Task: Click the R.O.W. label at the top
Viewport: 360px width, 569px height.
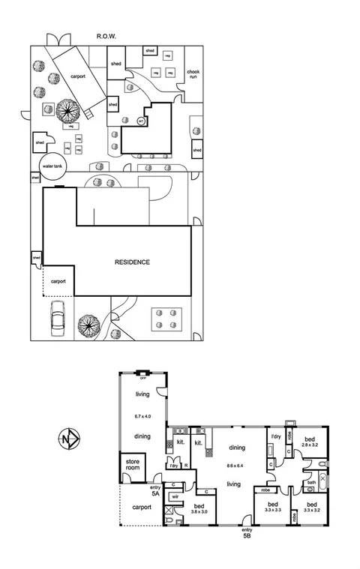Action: [x=105, y=36]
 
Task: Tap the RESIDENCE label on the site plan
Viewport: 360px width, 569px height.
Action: [x=132, y=262]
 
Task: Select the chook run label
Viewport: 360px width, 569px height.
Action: [x=193, y=74]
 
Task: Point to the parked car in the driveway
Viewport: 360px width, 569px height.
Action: [x=57, y=320]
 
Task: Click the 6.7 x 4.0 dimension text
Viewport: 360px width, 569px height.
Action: [x=142, y=416]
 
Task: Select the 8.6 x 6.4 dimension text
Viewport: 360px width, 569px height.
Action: [x=234, y=466]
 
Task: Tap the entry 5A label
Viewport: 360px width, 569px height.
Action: [x=155, y=490]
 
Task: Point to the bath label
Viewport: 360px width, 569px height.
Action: [x=311, y=483]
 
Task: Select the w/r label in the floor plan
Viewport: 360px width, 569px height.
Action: [x=175, y=496]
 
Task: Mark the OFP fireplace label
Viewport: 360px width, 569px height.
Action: [x=142, y=379]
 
